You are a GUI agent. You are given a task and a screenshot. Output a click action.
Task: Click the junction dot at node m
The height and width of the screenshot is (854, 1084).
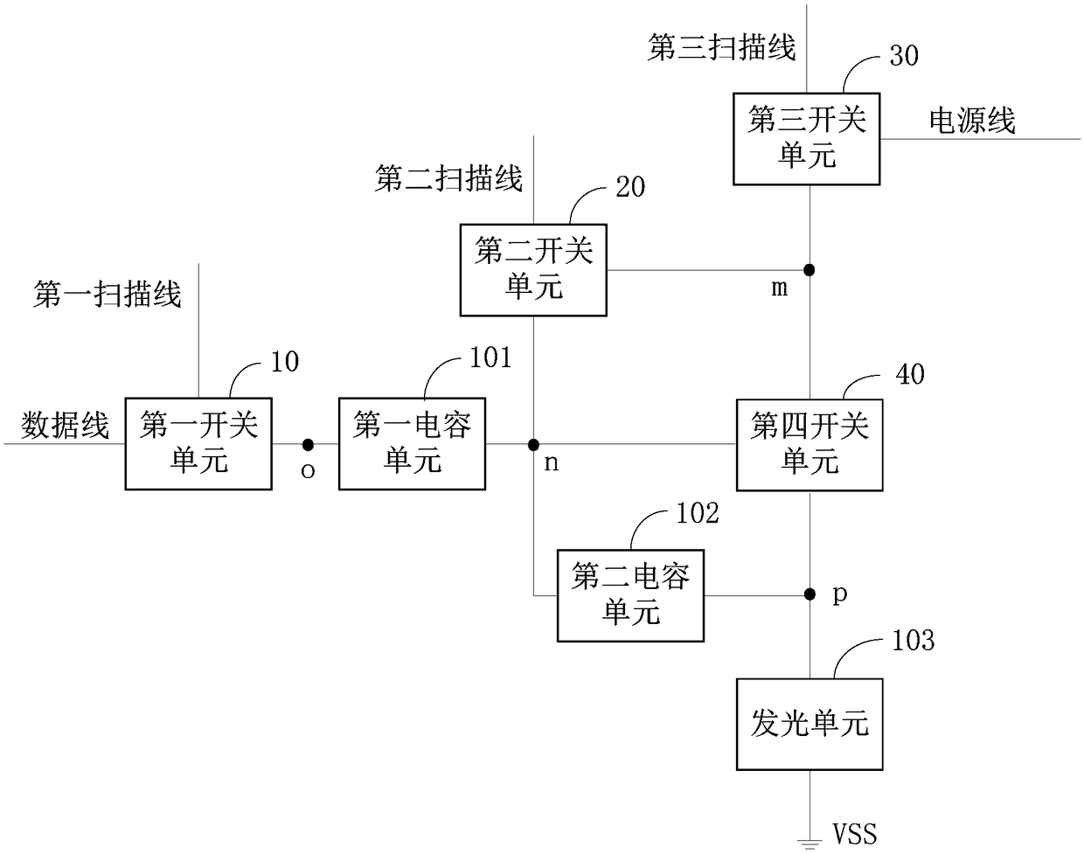coord(809,270)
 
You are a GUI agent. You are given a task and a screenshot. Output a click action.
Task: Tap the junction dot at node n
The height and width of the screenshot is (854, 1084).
coord(533,444)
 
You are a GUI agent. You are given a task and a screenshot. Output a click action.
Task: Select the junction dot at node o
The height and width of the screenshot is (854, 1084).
coord(308,444)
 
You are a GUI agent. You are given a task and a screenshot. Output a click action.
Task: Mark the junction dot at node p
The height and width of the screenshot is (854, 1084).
coord(810,594)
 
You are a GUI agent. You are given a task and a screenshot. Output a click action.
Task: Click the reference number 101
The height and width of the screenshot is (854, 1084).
coord(490,358)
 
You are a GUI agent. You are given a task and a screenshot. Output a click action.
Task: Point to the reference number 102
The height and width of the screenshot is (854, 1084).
coord(697,513)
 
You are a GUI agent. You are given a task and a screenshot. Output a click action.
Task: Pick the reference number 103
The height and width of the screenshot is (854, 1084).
coord(914,640)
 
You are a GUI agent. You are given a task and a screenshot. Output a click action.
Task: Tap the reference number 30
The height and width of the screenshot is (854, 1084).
coord(904,55)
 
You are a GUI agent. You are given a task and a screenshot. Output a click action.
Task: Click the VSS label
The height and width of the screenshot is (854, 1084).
coord(854,834)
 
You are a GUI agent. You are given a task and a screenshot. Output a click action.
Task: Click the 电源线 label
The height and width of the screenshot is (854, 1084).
coord(972,121)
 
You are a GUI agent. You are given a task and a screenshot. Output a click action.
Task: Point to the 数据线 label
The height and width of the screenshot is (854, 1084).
coord(65,425)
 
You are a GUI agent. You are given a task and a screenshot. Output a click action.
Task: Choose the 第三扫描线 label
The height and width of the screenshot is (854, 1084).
coord(721,48)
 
